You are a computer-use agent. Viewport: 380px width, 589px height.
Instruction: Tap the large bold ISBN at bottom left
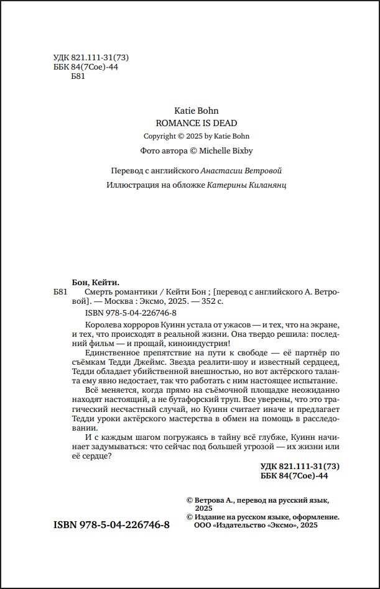(x=112, y=524)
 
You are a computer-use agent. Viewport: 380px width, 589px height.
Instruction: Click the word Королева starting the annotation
(x=102, y=326)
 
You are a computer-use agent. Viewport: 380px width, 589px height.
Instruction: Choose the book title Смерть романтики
(x=115, y=291)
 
